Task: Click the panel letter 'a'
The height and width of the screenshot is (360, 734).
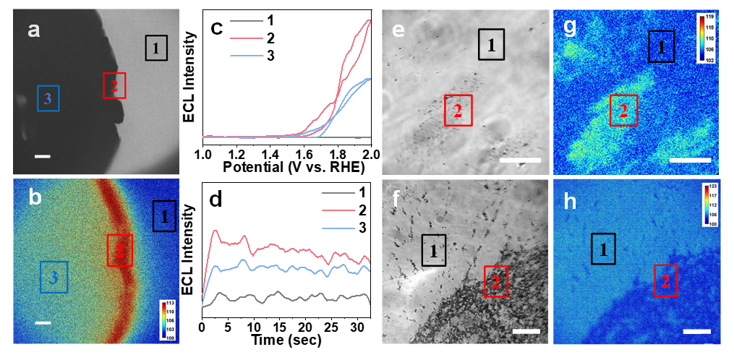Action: coord(33,30)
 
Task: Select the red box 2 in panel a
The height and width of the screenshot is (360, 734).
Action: coord(114,85)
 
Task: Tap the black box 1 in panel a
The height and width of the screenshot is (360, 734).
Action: coord(157,48)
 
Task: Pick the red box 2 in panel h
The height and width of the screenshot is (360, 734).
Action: coord(666,280)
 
